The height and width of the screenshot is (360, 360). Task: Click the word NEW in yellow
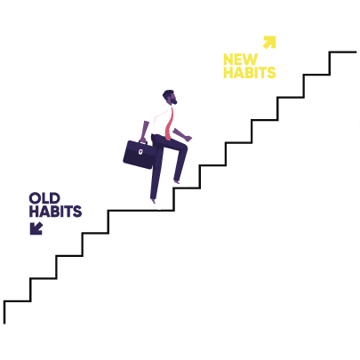[x=240, y=60]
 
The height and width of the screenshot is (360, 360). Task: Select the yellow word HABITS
[x=250, y=73]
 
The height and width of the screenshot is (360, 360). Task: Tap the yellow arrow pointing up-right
[x=269, y=42]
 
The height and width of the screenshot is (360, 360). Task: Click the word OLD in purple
[x=44, y=198]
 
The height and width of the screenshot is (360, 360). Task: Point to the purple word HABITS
[x=55, y=212]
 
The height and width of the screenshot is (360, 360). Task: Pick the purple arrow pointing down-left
[x=36, y=228]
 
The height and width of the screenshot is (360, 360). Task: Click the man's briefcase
[x=140, y=155]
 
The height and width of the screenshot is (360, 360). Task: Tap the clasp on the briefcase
[x=140, y=152]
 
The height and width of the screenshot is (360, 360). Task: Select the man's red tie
[x=169, y=124]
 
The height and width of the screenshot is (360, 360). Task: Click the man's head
[x=170, y=97]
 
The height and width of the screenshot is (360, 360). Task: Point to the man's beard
[x=174, y=101]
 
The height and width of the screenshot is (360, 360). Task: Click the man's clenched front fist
[x=188, y=138]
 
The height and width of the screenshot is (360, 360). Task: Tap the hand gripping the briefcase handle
[x=143, y=140]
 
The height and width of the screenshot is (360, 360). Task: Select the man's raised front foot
[x=177, y=182]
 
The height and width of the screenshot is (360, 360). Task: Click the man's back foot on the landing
[x=153, y=201]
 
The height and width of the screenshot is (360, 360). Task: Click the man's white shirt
[x=157, y=121]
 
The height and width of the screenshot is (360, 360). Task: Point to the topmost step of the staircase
[x=343, y=52]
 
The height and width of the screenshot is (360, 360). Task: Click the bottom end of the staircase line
[x=4, y=324]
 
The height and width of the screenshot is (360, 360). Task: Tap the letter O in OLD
[x=35, y=198]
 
